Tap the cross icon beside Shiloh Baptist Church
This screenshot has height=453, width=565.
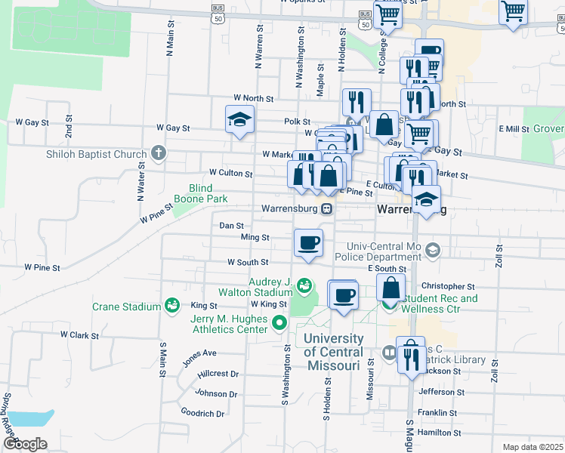pos(158,154)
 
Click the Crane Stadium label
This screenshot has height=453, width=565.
pos(126,307)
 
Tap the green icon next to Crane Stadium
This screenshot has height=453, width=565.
pos(172,306)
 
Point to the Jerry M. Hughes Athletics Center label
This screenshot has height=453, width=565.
pos(229,324)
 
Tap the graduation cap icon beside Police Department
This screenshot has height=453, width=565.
pos(433,249)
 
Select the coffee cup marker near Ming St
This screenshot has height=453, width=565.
pos(307,243)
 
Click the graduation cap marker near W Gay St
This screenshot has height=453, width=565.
pos(239,119)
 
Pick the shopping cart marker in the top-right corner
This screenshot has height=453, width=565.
pos(514,11)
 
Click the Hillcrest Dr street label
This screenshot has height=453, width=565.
pos(218,374)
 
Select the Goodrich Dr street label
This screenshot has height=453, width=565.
pos(203,413)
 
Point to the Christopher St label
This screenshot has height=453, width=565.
pos(447,287)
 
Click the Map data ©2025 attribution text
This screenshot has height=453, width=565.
pos(533,447)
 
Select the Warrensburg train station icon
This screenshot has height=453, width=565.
pos(327,209)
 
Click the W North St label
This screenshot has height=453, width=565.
pos(253,98)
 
